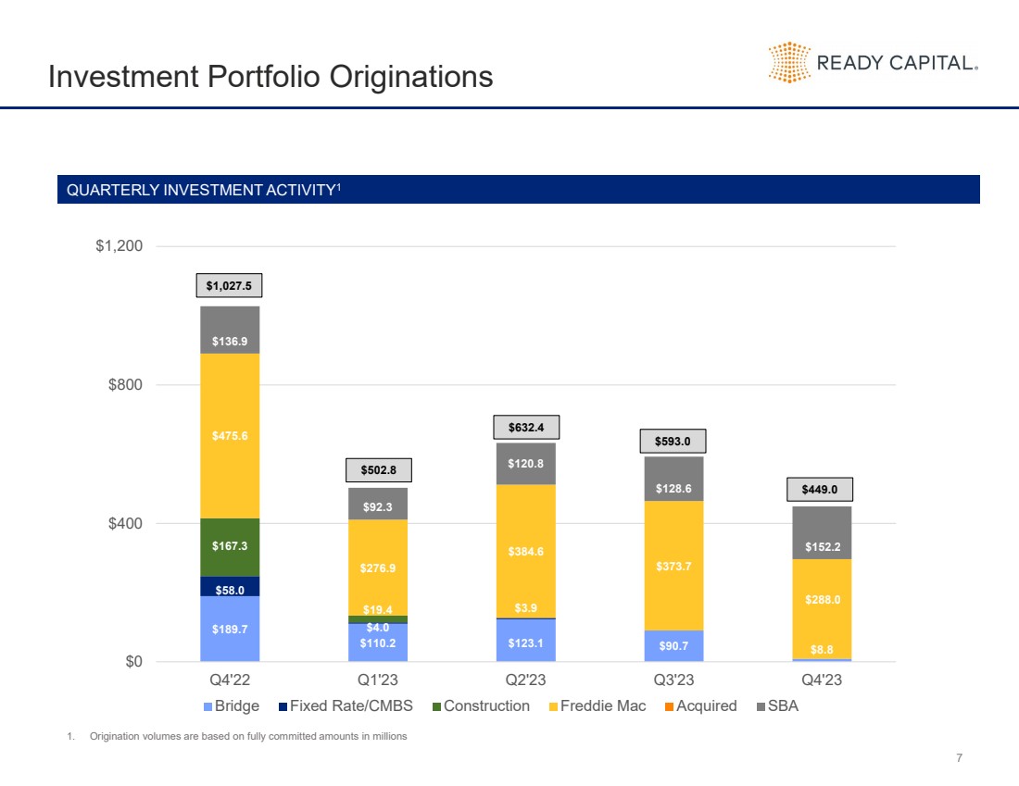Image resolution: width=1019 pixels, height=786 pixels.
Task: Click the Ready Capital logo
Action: (x=873, y=63)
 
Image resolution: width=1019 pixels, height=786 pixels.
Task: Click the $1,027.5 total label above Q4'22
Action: (x=229, y=285)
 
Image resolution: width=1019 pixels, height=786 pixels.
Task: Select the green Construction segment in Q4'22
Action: (x=230, y=547)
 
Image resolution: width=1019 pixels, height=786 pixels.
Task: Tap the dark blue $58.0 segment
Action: (x=230, y=586)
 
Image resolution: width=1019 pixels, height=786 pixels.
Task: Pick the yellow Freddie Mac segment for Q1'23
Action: (x=378, y=567)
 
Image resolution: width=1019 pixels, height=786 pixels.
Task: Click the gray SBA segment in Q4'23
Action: (x=822, y=532)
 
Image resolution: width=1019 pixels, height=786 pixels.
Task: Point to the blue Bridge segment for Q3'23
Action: (x=673, y=646)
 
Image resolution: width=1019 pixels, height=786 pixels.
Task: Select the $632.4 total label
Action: (x=525, y=427)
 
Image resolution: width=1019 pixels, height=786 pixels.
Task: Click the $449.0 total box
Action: (x=822, y=490)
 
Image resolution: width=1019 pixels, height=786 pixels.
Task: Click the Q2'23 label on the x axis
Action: (x=525, y=680)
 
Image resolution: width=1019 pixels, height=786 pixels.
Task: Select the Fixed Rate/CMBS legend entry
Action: (x=345, y=705)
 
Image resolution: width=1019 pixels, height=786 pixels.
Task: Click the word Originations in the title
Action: (x=403, y=76)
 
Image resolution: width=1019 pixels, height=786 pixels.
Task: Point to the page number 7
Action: (x=959, y=758)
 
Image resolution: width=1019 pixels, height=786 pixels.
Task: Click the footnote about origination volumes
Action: (x=247, y=736)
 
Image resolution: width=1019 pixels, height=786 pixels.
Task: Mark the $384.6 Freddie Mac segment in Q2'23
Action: (x=525, y=551)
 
